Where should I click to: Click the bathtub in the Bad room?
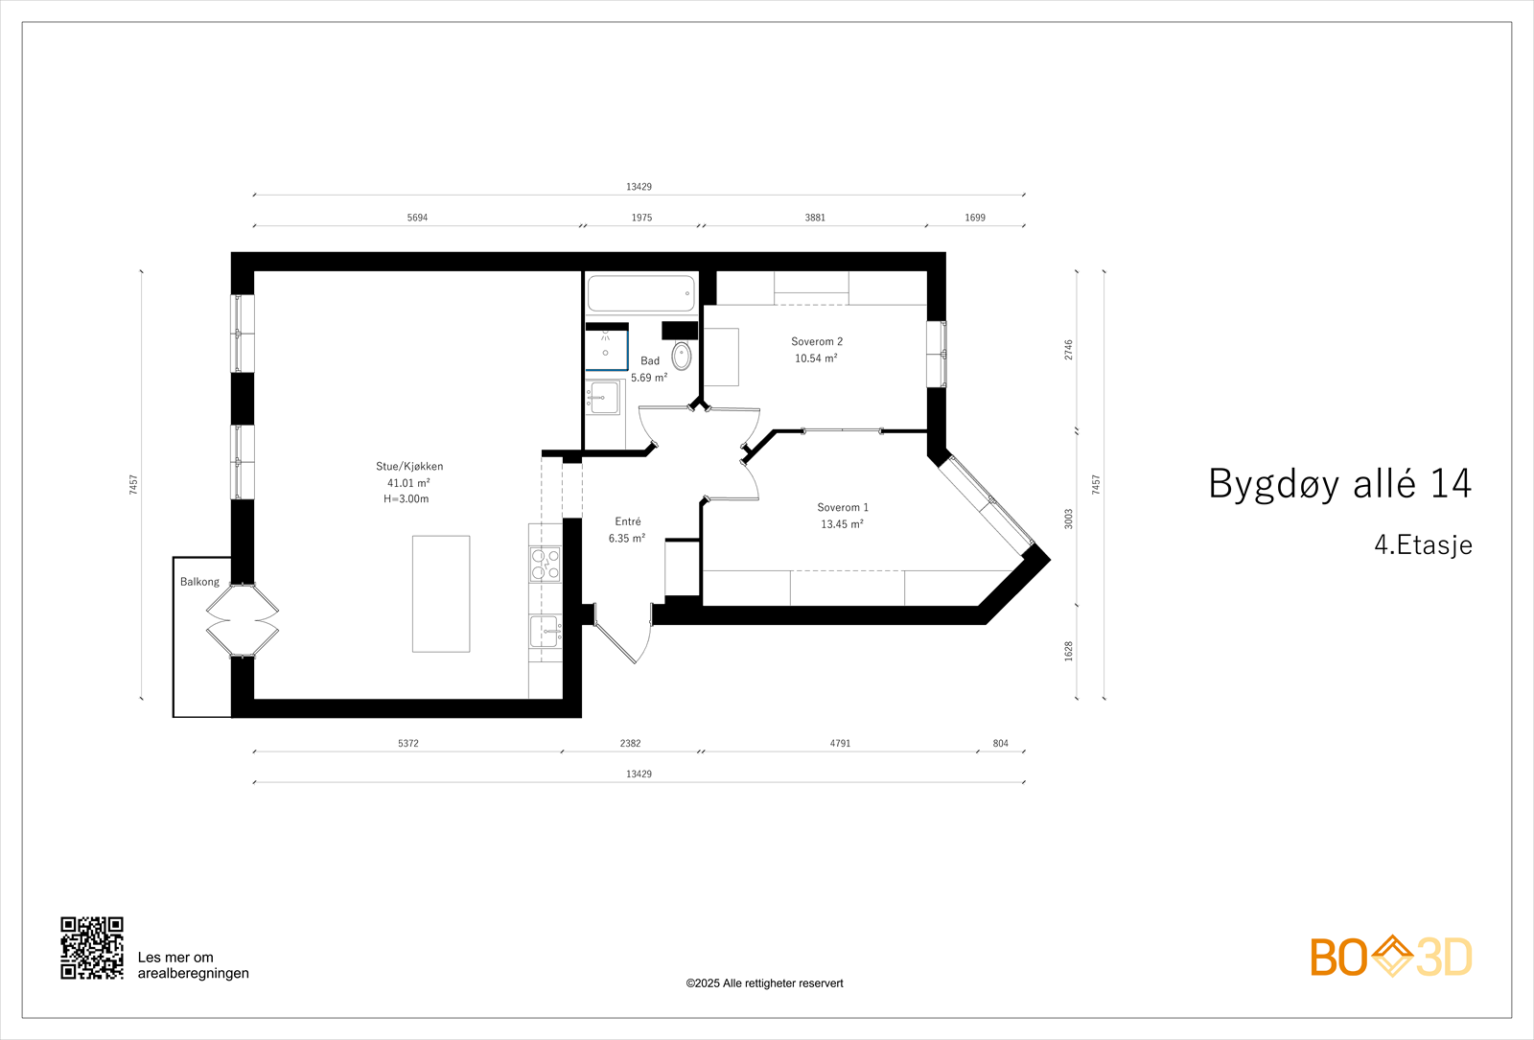click(640, 293)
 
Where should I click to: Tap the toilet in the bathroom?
click(681, 356)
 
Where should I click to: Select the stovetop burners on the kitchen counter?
click(545, 565)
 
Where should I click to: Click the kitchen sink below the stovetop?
click(545, 632)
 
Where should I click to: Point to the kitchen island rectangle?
click(441, 593)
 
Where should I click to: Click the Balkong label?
click(199, 582)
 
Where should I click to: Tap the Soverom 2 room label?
click(816, 341)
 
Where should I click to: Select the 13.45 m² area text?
click(842, 524)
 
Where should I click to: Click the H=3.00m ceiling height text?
click(407, 499)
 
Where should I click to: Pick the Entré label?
click(628, 521)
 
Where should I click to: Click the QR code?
click(92, 948)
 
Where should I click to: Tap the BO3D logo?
click(1390, 957)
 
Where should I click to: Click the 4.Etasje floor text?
click(1423, 545)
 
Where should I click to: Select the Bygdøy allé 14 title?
click(1339, 484)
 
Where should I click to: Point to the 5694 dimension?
click(417, 218)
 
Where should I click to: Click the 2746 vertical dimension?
click(1069, 350)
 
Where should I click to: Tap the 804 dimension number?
click(1000, 744)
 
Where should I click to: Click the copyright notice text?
click(764, 983)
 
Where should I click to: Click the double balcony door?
click(243, 620)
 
